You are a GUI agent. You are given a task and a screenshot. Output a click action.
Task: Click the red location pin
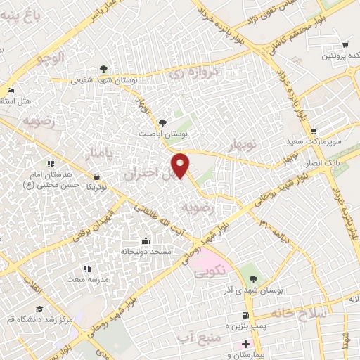click(181, 166)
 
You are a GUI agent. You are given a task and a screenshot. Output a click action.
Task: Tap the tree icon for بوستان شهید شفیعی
click(104, 69)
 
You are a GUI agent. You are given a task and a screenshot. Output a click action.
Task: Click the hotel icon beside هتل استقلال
click(11, 91)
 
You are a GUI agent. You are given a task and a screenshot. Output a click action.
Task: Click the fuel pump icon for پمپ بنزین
click(245, 316)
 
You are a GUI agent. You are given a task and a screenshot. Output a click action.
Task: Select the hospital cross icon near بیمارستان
click(245, 344)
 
